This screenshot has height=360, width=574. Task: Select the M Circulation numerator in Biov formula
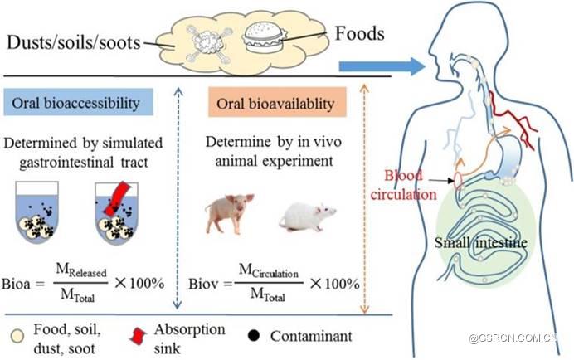point(266,270)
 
